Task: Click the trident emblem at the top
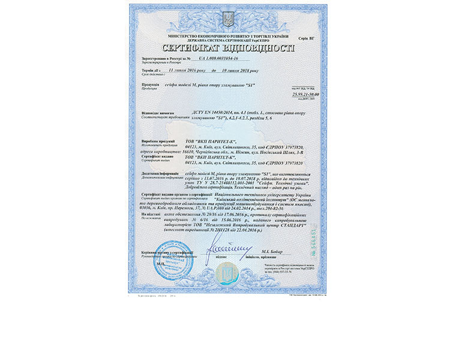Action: [x=227, y=18]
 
